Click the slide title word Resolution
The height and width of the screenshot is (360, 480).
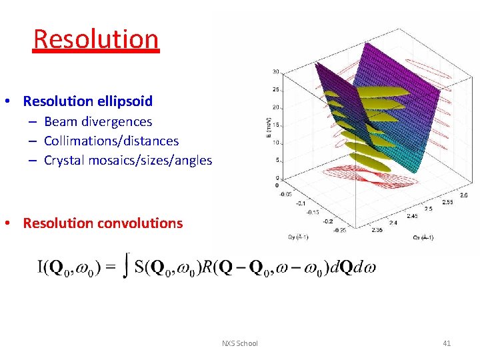tap(96, 39)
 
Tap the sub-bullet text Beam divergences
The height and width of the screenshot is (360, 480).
tap(98, 121)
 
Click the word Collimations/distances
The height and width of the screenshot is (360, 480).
tap(111, 141)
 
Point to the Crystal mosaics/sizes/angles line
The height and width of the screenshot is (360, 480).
tap(128, 160)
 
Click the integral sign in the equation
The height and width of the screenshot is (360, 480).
tap(124, 268)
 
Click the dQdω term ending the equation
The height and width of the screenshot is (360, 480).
tap(351, 268)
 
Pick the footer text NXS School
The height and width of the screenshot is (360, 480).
tap(239, 343)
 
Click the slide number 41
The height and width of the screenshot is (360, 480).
tap(447, 343)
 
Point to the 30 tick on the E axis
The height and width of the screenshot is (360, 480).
tap(276, 71)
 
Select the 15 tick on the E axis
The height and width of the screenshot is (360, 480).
tap(276, 125)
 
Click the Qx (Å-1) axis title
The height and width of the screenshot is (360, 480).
tap(423, 237)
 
